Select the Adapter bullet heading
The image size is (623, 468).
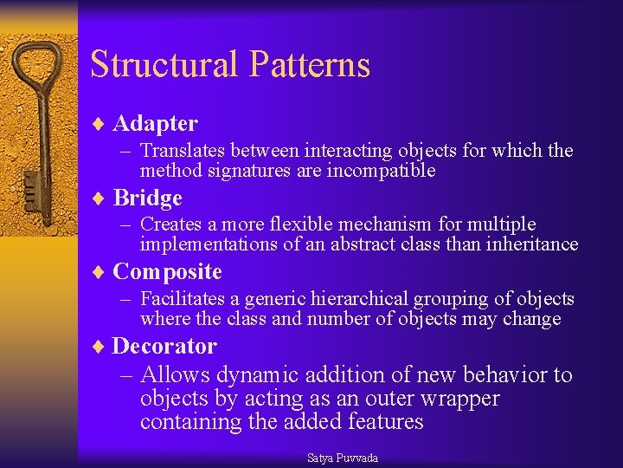click(155, 124)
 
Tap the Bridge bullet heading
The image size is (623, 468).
click(147, 198)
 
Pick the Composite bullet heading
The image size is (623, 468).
click(167, 272)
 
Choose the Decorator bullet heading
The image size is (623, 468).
click(164, 347)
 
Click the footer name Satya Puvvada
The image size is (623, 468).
click(343, 458)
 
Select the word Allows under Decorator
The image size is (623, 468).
click(176, 375)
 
